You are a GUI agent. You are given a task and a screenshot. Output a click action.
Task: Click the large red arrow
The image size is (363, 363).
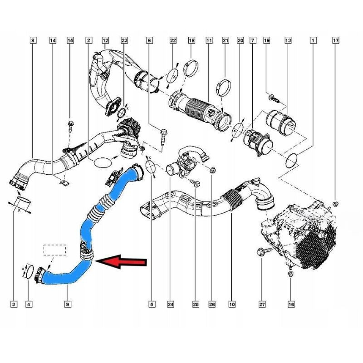(x=121, y=262)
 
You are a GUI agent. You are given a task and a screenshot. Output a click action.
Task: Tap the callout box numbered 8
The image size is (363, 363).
(x=33, y=40)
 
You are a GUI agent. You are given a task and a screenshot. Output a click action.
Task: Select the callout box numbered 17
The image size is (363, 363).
(x=336, y=40)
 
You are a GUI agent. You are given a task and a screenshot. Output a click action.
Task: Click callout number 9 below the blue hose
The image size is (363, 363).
(x=68, y=304)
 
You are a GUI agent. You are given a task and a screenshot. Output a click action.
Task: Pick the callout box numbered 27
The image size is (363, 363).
(x=262, y=304)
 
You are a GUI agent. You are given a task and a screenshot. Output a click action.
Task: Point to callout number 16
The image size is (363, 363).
(x=291, y=304)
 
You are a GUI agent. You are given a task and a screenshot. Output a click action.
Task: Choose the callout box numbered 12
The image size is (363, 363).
(x=105, y=40)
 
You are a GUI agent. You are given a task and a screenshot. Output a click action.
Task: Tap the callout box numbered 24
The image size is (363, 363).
(x=171, y=304)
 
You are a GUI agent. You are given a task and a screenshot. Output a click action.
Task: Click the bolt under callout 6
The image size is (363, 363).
(x=163, y=137)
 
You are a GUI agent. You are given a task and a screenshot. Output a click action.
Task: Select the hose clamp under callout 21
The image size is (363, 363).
(x=224, y=88)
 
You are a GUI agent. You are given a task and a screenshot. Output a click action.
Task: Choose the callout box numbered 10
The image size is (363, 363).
(x=232, y=304)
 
